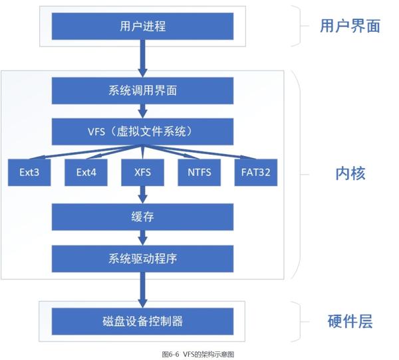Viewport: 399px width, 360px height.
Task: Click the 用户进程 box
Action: [x=142, y=27]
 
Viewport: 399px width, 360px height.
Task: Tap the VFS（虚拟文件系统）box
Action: [x=142, y=130]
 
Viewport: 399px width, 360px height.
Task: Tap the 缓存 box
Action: [x=142, y=217]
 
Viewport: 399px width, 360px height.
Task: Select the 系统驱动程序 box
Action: [x=142, y=258]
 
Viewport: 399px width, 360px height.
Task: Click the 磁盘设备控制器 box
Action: [x=142, y=321]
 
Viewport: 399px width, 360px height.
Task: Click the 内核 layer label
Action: [x=350, y=173]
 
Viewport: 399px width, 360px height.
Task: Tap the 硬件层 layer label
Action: [x=350, y=321]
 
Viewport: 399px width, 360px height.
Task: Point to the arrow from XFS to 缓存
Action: [x=142, y=195]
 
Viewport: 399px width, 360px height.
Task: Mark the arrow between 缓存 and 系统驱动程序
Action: [x=142, y=237]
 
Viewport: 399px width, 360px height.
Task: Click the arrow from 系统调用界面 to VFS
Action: [x=142, y=110]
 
